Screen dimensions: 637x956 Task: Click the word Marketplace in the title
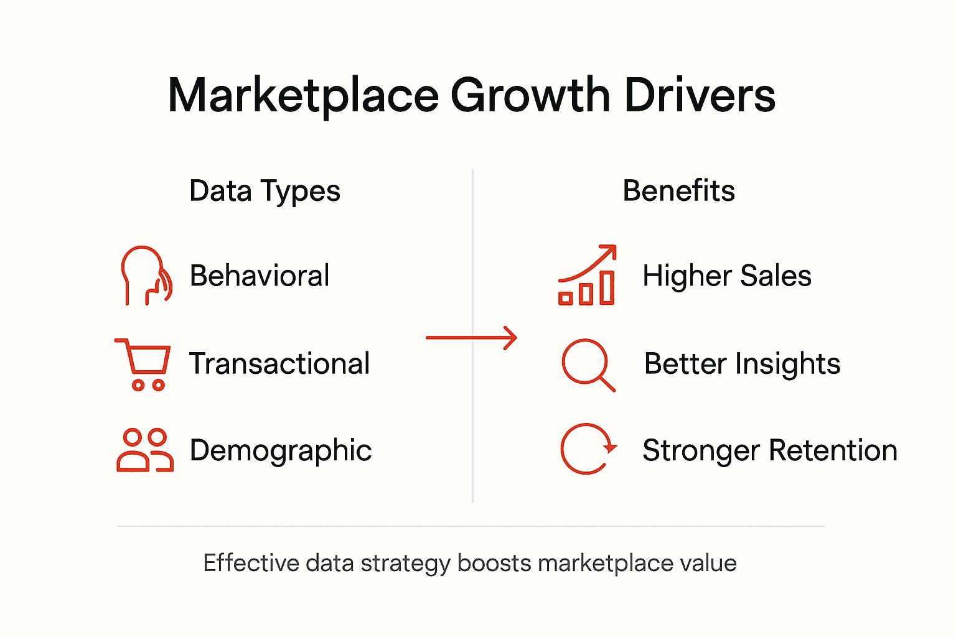point(304,96)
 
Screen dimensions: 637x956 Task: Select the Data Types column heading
point(265,192)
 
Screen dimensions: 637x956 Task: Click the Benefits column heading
point(678,190)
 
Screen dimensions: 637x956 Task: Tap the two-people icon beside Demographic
point(145,450)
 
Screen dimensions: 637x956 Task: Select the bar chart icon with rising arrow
point(587,276)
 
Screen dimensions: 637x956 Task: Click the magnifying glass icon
point(588,365)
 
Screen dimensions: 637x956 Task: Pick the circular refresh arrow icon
point(588,449)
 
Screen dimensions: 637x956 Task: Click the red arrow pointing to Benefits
point(472,338)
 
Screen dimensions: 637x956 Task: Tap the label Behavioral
point(260,276)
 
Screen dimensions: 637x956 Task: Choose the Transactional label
point(279,364)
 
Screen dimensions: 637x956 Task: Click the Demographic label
point(281,450)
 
